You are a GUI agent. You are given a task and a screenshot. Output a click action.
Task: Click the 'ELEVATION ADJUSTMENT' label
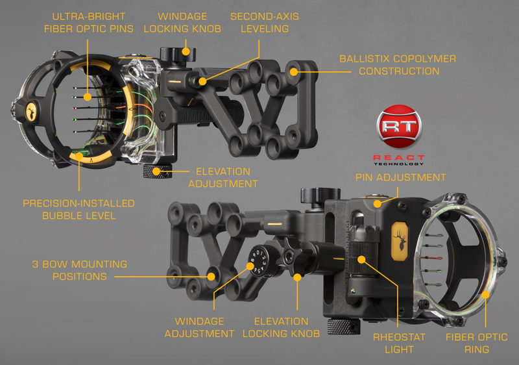coord(223,177)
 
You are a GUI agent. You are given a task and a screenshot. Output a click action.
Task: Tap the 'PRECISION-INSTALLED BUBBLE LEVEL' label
coord(78,209)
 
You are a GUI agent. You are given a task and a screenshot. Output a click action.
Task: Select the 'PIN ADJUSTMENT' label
coord(400,177)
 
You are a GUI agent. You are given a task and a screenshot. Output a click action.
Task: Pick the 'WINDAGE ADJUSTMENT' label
coord(199,327)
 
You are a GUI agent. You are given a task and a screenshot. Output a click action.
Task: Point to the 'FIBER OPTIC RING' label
coord(476,344)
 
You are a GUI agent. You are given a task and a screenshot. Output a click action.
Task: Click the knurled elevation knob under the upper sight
coord(155,172)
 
